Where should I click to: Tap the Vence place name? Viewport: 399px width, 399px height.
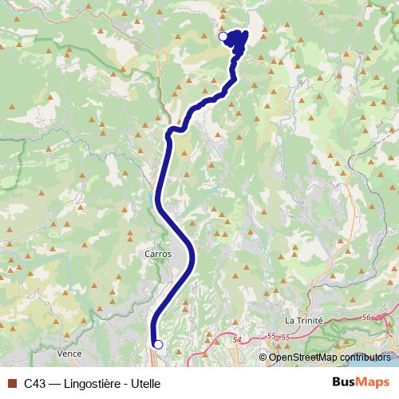point(70,352)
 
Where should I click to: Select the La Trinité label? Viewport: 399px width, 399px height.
point(303,320)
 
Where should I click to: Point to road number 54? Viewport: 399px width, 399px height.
point(236,341)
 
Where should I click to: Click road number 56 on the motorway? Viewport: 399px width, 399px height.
point(366,318)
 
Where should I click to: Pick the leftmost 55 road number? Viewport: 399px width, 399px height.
point(272,337)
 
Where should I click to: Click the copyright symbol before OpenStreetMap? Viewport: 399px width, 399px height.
point(263,358)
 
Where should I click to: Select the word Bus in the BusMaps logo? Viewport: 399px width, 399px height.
point(345,382)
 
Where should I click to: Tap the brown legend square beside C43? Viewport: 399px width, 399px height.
point(12,383)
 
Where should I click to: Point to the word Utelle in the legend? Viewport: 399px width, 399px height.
point(145,383)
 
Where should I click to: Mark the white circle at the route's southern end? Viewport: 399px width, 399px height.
point(158,344)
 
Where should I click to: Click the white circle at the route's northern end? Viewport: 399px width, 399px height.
point(223,36)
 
